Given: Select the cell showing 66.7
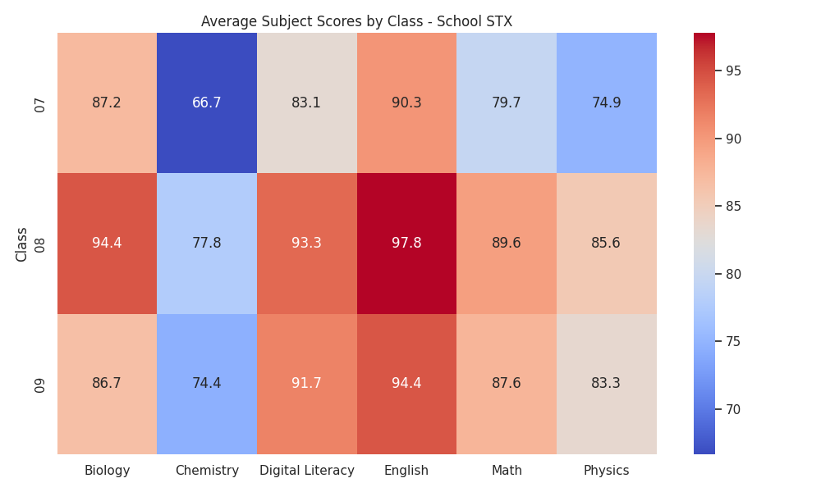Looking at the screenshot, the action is coord(207,103).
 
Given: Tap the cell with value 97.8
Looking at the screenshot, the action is coord(407,244).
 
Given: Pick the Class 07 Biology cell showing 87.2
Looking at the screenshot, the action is coord(107,103).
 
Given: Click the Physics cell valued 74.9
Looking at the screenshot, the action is coord(607,103).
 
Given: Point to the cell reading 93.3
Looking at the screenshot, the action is coord(307,244).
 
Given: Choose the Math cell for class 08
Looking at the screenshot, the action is coord(507,244).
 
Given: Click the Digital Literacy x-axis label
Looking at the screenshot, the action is coord(307,471).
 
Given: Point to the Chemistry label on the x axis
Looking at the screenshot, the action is coord(207,471).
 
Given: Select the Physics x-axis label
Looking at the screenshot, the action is coord(607,471).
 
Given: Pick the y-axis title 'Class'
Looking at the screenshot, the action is coord(21,244).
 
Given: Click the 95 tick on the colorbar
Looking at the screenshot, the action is coord(733,71).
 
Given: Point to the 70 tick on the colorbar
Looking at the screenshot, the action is coord(733,409).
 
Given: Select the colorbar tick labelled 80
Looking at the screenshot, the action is coord(733,274).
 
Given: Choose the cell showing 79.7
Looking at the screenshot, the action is coord(507,103).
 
